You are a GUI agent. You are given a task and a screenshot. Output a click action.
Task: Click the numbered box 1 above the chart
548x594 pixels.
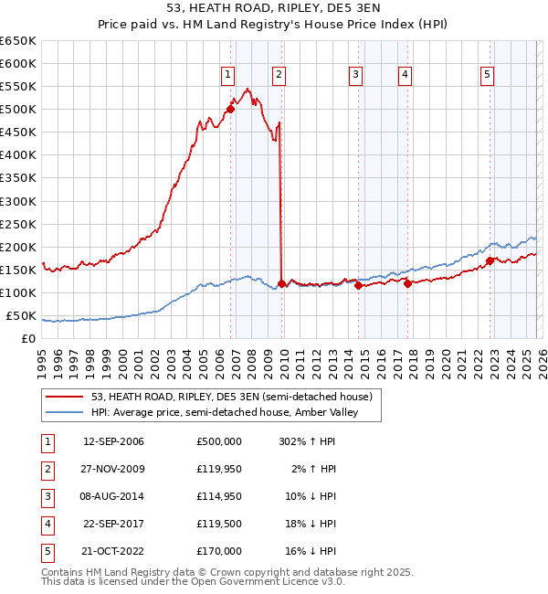pyautogui.click(x=227, y=75)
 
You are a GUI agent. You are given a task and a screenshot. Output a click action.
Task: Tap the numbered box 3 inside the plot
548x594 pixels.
pyautogui.click(x=355, y=75)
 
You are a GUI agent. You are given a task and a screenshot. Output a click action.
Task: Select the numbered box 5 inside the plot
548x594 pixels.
pyautogui.click(x=488, y=75)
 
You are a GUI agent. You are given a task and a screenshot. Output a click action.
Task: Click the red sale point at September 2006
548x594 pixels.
pyautogui.click(x=230, y=109)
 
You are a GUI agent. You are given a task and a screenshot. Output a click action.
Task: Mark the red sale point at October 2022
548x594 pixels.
pyautogui.click(x=490, y=260)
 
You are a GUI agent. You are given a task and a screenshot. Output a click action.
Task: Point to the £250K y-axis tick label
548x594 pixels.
pyautogui.click(x=18, y=224)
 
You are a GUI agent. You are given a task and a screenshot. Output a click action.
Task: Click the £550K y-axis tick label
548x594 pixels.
pyautogui.click(x=18, y=87)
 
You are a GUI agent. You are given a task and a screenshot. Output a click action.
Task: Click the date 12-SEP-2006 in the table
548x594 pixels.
pyautogui.click(x=113, y=441)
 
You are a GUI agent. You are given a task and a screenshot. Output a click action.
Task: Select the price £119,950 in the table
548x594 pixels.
pyautogui.click(x=218, y=469)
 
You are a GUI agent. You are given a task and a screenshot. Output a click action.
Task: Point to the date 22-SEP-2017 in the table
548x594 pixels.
pyautogui.click(x=113, y=524)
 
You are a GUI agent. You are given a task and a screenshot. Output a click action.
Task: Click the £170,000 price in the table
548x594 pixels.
pyautogui.click(x=218, y=551)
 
